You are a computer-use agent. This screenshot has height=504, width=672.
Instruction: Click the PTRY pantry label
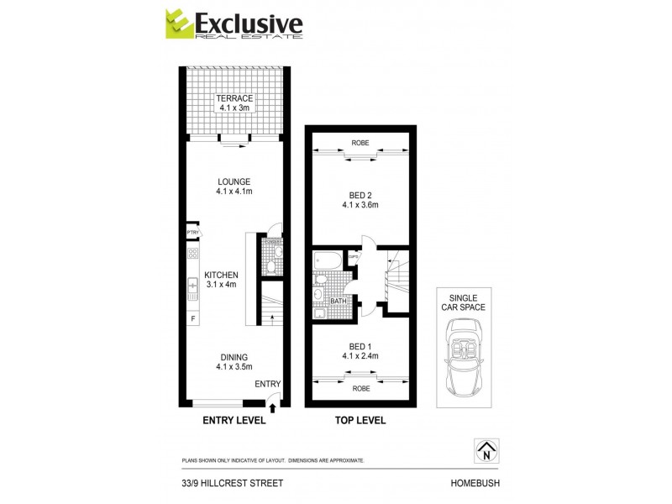(x=192, y=233)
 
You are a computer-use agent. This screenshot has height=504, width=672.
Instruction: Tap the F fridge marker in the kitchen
(x=192, y=319)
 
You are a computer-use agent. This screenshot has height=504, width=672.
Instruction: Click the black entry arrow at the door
(x=274, y=407)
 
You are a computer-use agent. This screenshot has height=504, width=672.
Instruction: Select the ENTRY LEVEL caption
(x=234, y=420)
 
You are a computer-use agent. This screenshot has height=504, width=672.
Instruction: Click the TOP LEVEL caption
(x=360, y=420)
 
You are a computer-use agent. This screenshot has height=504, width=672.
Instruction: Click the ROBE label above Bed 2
(x=360, y=143)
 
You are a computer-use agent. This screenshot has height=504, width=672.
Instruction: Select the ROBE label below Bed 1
(x=360, y=388)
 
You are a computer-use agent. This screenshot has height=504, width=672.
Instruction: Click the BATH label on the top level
(x=339, y=300)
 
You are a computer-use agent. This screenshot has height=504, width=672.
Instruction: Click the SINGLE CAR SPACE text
(x=468, y=302)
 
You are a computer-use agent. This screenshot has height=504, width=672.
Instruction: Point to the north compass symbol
(x=485, y=451)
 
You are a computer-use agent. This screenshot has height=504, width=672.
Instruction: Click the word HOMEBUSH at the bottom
(x=475, y=483)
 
